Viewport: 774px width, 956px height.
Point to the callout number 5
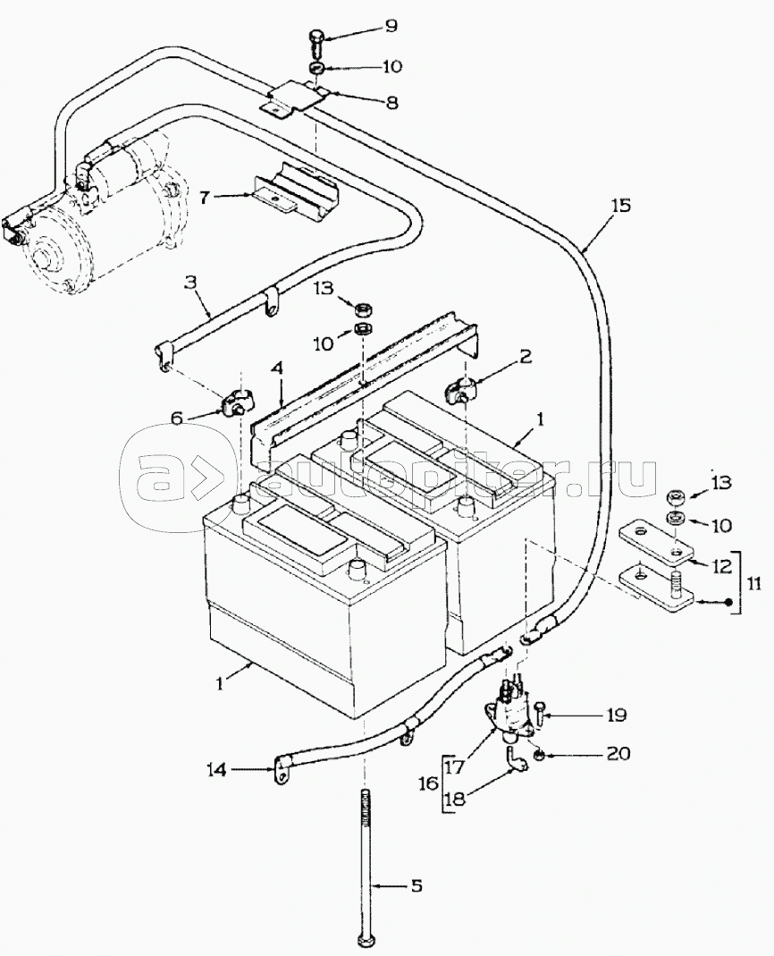coord(416,886)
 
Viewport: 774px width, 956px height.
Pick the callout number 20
coord(618,754)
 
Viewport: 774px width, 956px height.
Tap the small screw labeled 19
coord(544,713)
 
